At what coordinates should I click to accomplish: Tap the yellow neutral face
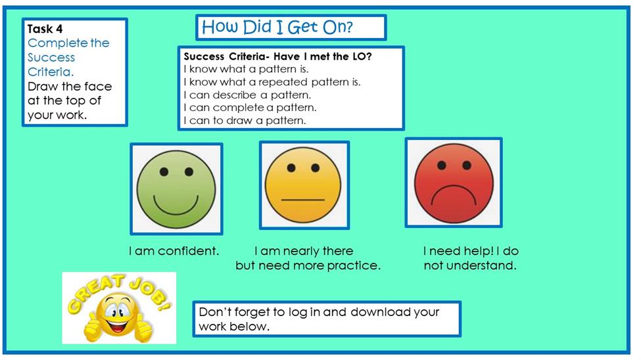303,185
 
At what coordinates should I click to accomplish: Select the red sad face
454,183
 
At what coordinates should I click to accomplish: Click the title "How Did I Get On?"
277,28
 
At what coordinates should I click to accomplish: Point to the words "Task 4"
45,29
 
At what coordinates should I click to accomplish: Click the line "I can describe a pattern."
247,95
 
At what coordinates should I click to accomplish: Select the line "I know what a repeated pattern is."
272,81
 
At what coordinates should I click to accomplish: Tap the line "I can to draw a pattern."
245,120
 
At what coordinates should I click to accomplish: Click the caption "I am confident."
174,250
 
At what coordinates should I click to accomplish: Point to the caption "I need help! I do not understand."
471,258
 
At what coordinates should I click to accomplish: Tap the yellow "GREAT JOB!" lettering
118,292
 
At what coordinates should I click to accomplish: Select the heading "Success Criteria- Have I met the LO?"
278,56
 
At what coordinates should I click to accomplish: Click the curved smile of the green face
176,206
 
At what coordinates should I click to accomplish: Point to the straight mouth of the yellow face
303,200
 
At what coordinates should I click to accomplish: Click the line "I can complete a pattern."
250,108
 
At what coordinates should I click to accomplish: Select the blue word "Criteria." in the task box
51,72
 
